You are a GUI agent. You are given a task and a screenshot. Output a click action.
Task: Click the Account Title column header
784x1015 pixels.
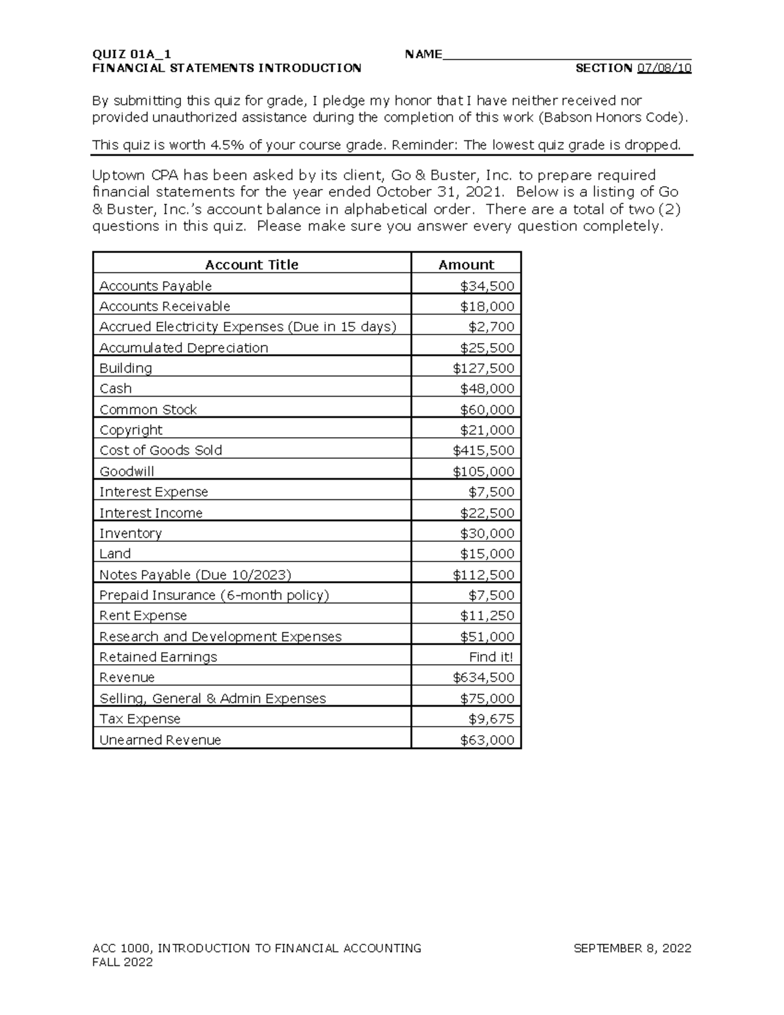pos(252,265)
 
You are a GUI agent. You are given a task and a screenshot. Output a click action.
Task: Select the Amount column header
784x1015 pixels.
pos(466,265)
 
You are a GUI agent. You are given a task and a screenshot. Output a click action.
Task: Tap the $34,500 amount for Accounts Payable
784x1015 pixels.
pos(487,286)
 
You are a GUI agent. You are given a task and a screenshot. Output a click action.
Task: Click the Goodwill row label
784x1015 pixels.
pos(127,471)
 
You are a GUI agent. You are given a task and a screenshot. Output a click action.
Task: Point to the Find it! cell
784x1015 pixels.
pos(491,657)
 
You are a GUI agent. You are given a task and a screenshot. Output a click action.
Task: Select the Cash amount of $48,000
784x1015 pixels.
pos(487,388)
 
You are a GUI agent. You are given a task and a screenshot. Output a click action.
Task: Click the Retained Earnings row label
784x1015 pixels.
pos(158,657)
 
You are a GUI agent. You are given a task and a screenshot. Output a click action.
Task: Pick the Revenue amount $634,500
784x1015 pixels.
pos(483,677)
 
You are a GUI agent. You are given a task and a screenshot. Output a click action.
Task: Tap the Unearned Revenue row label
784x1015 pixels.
pos(160,740)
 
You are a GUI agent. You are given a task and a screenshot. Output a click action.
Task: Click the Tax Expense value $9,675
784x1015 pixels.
pos(491,719)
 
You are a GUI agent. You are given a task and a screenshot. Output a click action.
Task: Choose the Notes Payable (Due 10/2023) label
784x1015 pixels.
pos(195,574)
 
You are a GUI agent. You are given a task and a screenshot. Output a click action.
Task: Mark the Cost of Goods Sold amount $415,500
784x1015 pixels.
pos(483,450)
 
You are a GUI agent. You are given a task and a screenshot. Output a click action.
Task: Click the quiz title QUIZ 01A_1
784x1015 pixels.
pos(132,54)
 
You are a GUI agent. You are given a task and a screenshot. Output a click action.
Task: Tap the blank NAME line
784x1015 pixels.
pos(567,54)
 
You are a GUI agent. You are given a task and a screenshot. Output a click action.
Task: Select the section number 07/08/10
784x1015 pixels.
pos(664,68)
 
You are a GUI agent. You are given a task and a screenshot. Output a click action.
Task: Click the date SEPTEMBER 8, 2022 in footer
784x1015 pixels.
pos(632,948)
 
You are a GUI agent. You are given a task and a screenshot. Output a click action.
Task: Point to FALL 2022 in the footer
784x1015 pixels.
pos(123,962)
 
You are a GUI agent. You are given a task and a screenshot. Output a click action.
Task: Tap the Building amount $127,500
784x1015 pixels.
pos(483,368)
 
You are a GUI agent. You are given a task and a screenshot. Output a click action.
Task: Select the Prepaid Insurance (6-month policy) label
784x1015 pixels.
pos(214,595)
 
